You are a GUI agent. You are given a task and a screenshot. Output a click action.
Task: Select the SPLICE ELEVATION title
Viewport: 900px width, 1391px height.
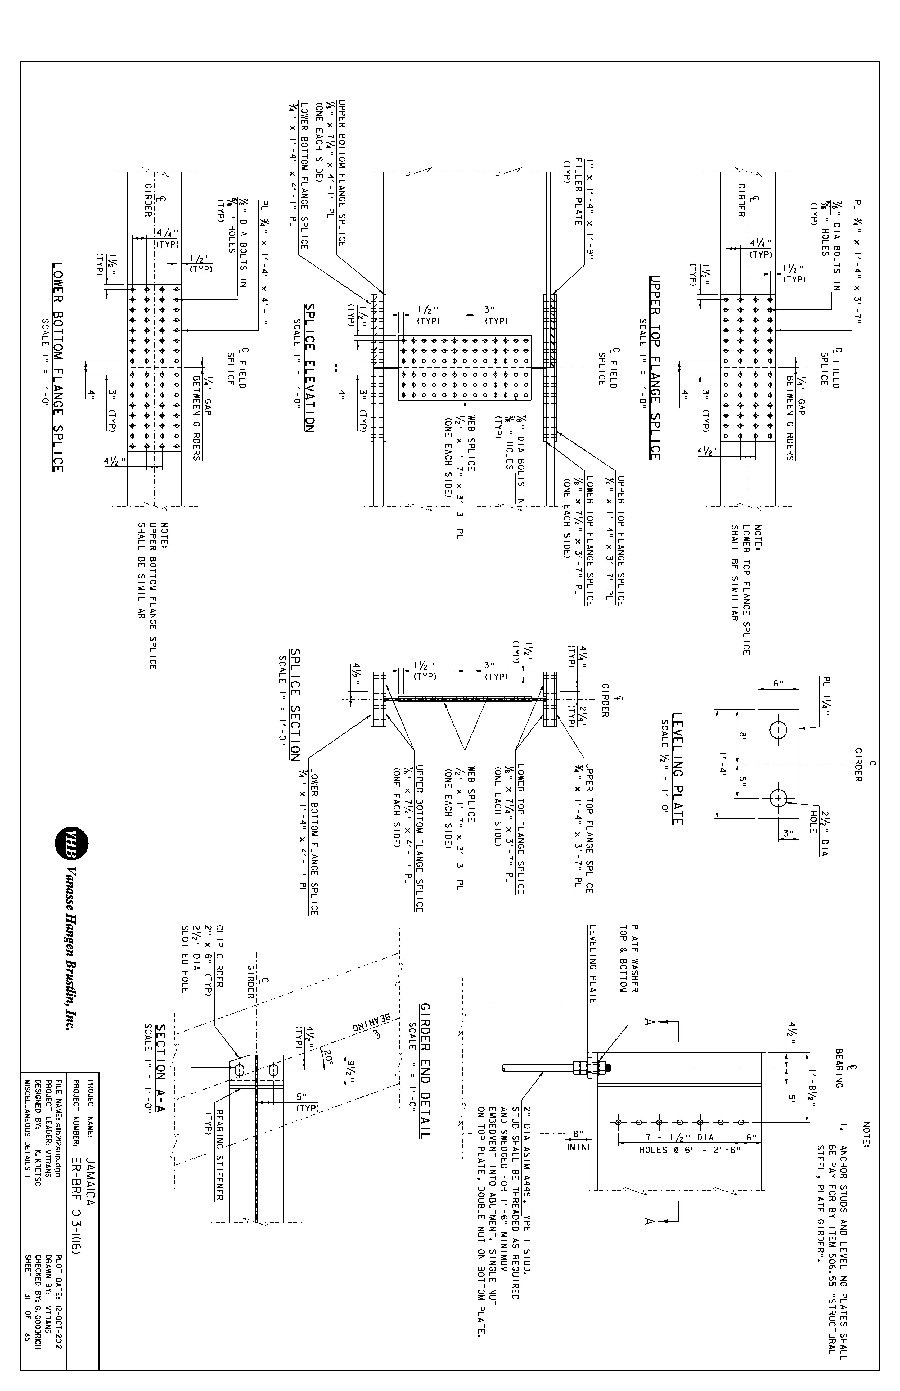[309, 368]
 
